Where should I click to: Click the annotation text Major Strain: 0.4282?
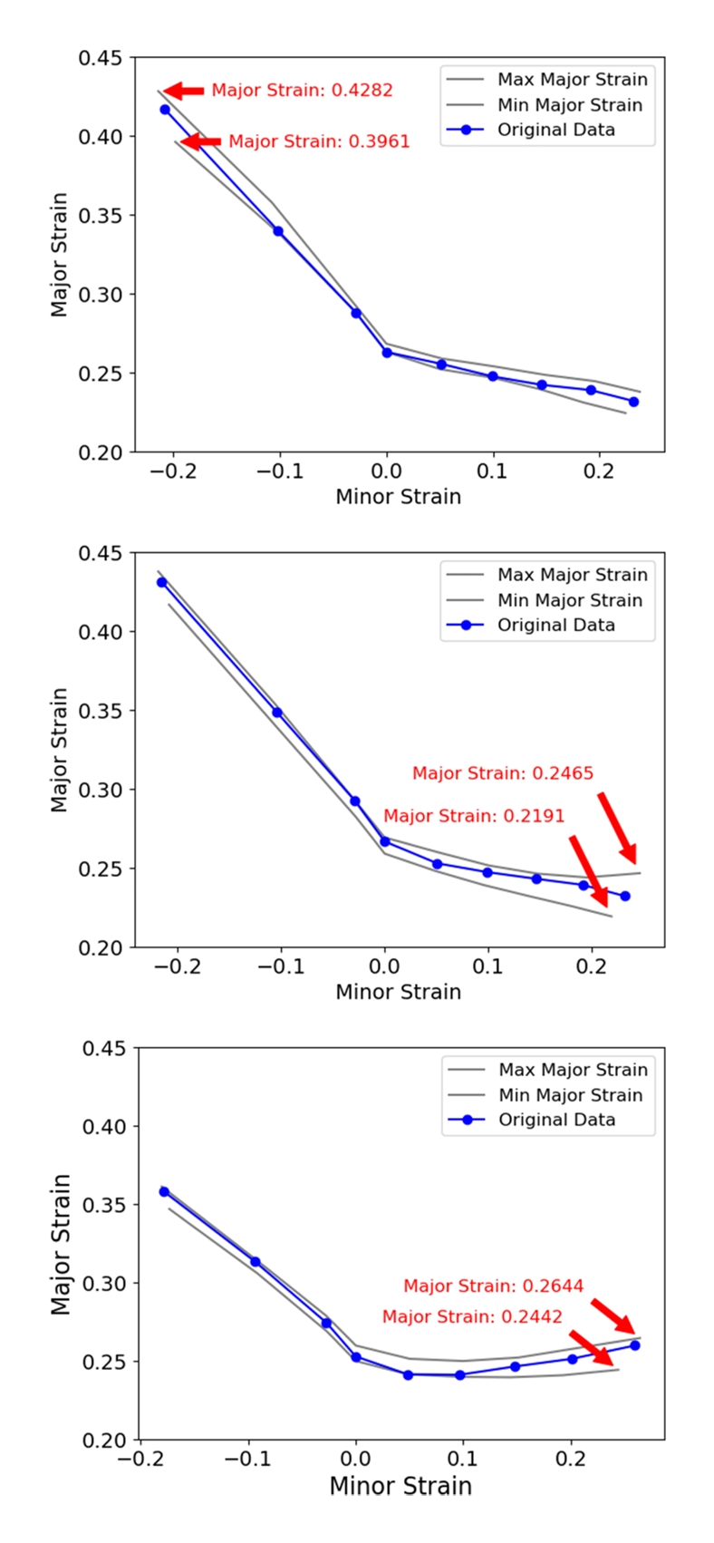(302, 91)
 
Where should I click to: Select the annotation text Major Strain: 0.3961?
(318, 141)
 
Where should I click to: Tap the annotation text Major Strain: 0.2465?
(502, 773)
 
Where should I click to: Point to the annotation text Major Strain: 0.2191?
(473, 816)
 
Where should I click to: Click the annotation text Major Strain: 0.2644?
(493, 1286)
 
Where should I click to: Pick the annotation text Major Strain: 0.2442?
(472, 1316)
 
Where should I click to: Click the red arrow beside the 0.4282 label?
(184, 91)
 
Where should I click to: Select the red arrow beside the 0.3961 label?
(200, 141)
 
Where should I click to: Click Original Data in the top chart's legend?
(555, 130)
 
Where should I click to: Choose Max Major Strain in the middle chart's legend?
(572, 575)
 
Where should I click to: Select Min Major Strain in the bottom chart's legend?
(570, 1095)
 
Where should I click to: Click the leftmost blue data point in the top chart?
(165, 110)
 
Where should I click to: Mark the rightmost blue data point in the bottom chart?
(635, 1345)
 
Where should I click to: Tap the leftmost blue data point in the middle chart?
(162, 582)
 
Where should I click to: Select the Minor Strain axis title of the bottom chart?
(400, 1486)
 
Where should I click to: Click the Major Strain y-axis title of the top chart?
(60, 254)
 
